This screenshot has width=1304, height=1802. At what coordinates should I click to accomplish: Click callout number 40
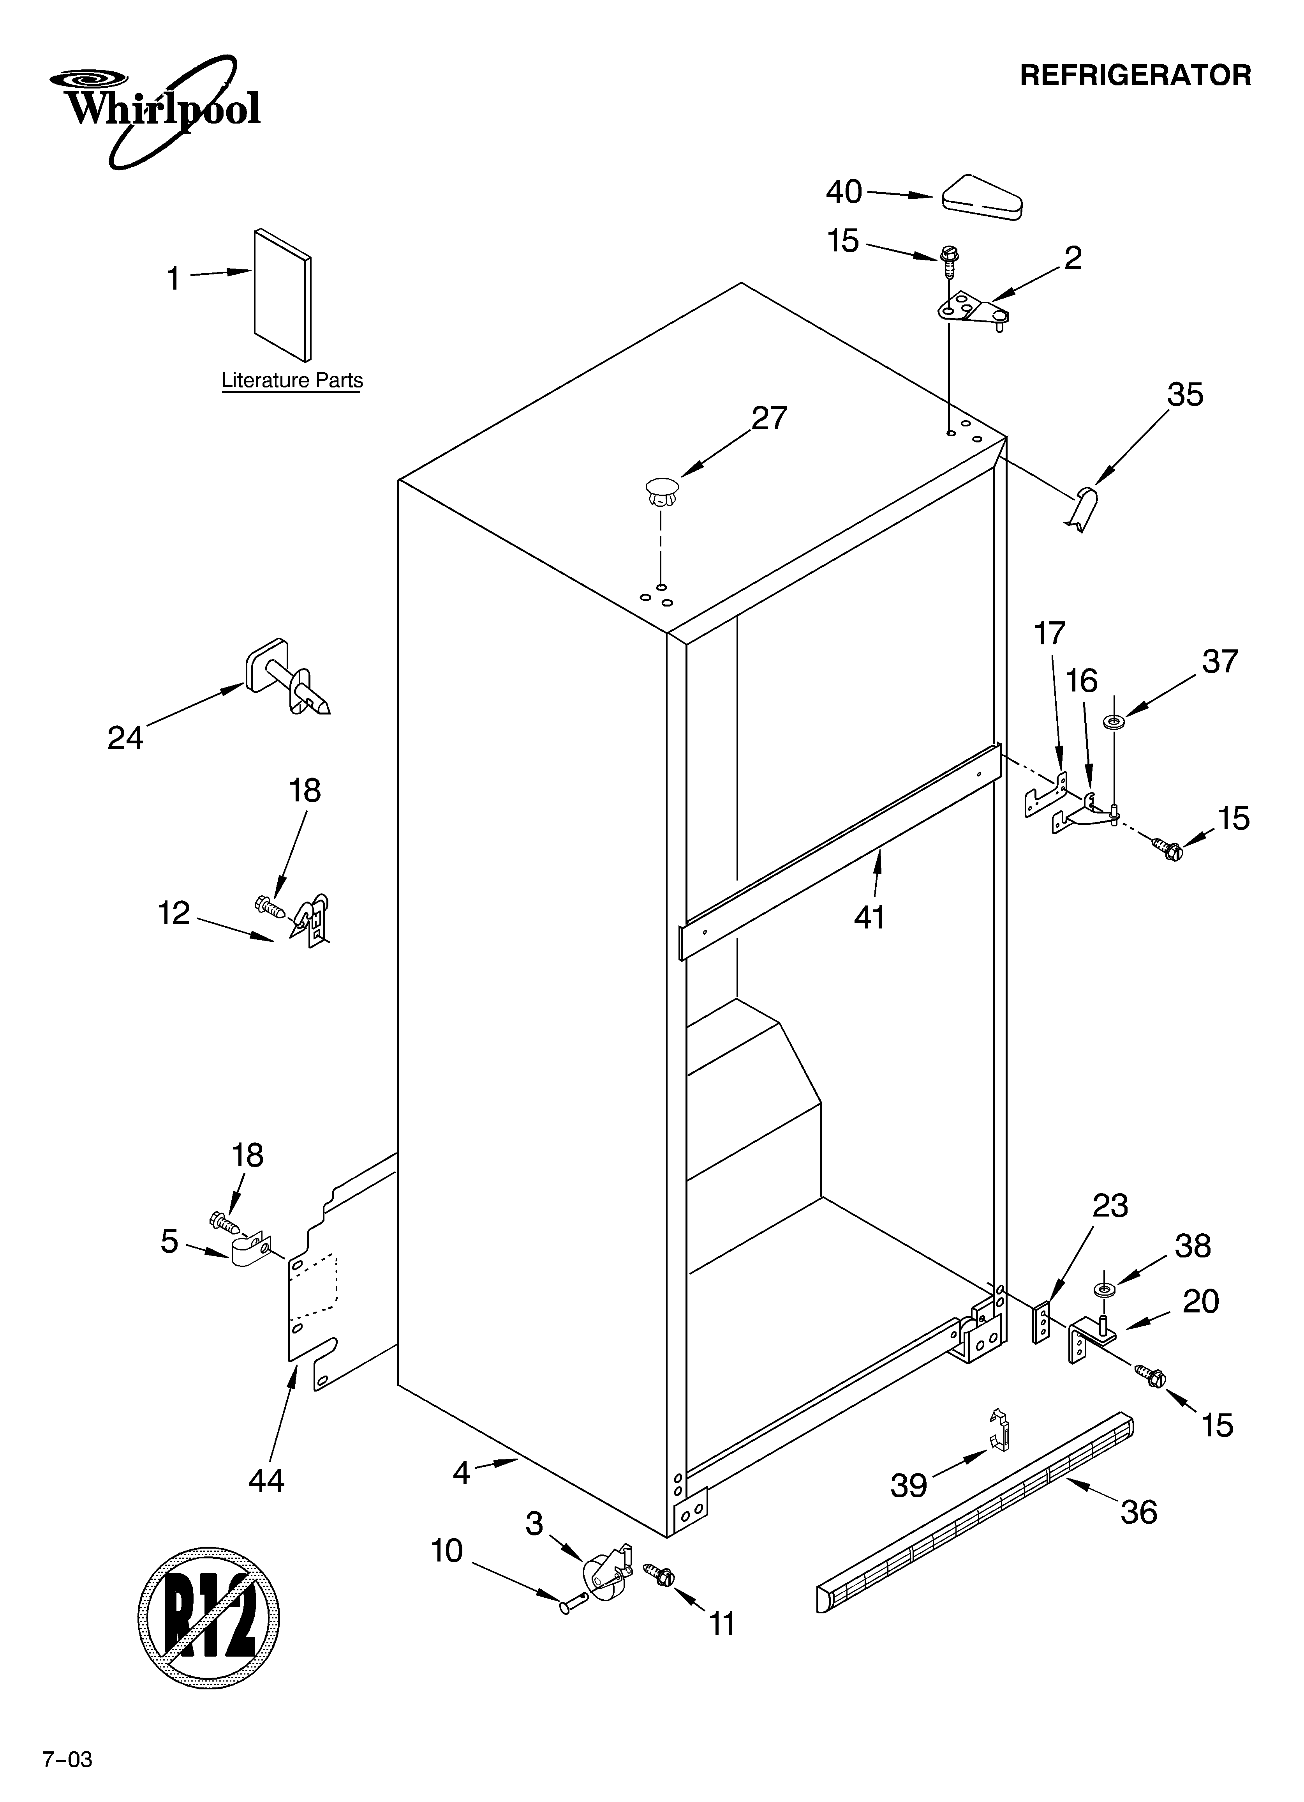[843, 191]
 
